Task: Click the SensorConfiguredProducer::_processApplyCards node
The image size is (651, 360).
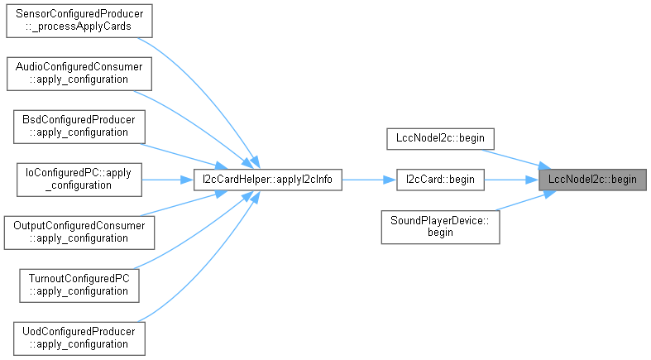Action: pos(79,21)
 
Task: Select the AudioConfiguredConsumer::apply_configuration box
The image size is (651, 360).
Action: pos(79,73)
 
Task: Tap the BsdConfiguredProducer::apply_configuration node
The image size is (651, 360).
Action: pos(75,126)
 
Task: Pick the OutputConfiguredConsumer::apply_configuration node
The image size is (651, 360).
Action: pos(79,231)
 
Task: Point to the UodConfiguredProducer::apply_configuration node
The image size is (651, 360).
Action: pos(75,337)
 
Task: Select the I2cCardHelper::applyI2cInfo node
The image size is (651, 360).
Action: pos(267,179)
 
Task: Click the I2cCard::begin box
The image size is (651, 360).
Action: pos(439,179)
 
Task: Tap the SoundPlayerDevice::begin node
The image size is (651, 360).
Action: pos(440,227)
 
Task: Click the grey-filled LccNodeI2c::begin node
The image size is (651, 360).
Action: pos(591,179)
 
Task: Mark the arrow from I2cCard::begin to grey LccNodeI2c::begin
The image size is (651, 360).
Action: pos(510,179)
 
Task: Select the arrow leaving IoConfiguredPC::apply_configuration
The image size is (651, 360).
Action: pos(166,179)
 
